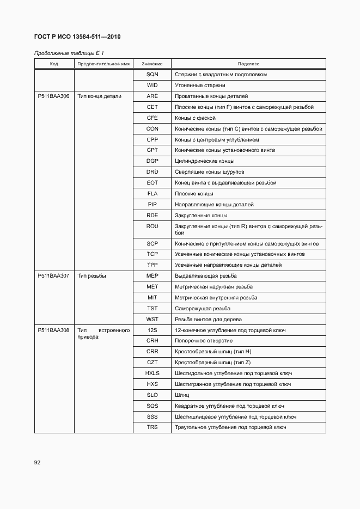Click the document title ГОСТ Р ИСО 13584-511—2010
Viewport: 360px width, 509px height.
click(x=77, y=37)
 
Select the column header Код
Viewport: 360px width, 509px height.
click(x=54, y=64)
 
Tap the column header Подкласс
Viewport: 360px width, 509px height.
click(x=248, y=64)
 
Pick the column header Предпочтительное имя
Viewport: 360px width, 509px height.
click(x=103, y=64)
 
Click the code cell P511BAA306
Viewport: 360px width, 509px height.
click(x=53, y=96)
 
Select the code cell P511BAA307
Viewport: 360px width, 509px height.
click(x=53, y=276)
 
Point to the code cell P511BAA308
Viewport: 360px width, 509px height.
click(x=53, y=330)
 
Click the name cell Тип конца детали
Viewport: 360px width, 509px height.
click(x=99, y=96)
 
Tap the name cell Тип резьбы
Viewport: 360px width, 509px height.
click(x=91, y=276)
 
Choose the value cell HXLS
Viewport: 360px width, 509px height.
click(x=152, y=373)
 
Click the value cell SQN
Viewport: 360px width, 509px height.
click(x=152, y=75)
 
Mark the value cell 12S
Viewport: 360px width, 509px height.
click(x=152, y=330)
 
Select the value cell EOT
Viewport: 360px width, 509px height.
click(x=152, y=183)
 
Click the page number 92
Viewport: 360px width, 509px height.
click(x=38, y=463)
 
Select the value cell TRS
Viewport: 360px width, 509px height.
click(x=152, y=427)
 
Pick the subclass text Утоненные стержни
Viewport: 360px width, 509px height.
click(x=200, y=85)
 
